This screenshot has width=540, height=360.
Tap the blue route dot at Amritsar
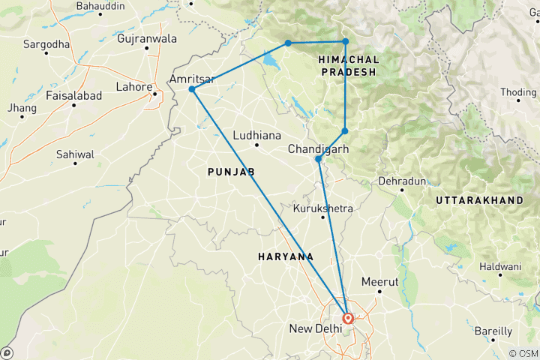point(192,89)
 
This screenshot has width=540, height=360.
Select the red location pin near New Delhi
point(349,318)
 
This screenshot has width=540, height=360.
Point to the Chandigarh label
point(319,148)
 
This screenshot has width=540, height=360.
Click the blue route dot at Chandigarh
point(319,159)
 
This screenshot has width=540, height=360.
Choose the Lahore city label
point(133,87)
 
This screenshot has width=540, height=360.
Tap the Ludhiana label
point(256,136)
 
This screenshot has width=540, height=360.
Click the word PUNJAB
point(231,172)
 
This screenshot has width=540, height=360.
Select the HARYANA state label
point(286,256)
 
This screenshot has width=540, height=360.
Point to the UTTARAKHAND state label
point(478,201)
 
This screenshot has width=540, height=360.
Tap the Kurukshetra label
point(322,208)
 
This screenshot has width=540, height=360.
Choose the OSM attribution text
point(522,353)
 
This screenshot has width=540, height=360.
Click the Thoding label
point(519,92)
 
